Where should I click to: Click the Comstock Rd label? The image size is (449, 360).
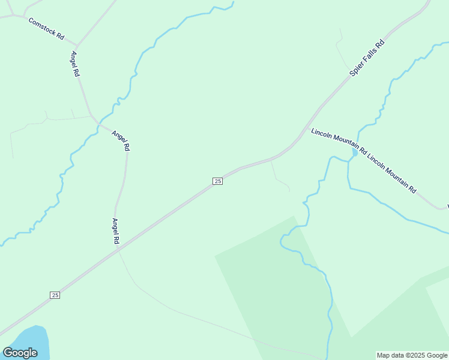tap(46, 28)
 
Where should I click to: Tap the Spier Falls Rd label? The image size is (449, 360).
tap(367, 58)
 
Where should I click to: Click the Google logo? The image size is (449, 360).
tap(20, 353)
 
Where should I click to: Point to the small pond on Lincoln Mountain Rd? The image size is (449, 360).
tap(355, 153)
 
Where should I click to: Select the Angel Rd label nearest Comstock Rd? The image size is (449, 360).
tap(75, 64)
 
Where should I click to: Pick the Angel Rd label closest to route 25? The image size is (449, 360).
tap(115, 231)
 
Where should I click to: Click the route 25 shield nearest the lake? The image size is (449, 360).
tap(55, 295)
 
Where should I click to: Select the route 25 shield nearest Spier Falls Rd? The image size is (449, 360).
tap(217, 181)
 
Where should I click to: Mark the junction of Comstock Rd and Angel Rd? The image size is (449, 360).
tap(76, 46)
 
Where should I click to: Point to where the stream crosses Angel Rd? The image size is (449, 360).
tap(97, 124)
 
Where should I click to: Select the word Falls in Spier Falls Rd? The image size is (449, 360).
tap(367, 58)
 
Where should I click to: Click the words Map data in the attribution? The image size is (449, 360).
tap(390, 355)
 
